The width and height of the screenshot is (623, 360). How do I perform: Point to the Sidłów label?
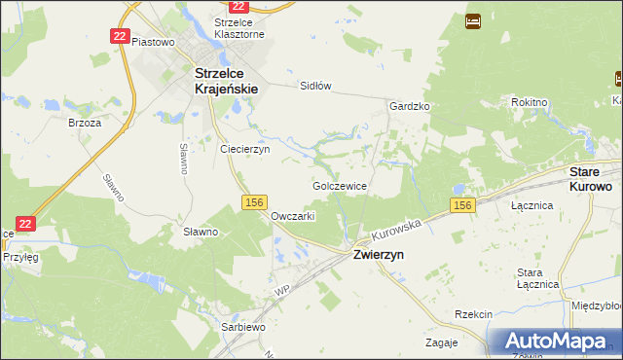(x=315, y=86)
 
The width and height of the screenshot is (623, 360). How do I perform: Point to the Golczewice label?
(x=339, y=185)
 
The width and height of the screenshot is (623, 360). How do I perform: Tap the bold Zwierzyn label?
(x=380, y=254)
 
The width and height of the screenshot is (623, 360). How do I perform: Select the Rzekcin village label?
(x=474, y=314)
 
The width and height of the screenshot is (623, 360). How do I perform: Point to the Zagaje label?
(x=442, y=342)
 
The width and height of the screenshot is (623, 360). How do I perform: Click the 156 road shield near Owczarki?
(x=253, y=201)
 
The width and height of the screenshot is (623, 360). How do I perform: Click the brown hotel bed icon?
(x=472, y=20)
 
